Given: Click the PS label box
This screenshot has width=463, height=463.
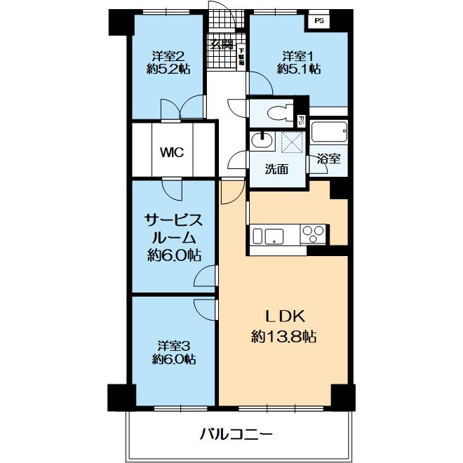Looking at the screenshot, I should [319, 21].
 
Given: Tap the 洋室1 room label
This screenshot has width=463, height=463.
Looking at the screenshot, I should [299, 55].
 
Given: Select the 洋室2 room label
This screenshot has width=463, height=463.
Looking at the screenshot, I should [168, 55].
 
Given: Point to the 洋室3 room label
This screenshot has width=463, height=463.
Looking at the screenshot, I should [174, 345].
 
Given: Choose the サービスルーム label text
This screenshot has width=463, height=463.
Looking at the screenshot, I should [174, 229].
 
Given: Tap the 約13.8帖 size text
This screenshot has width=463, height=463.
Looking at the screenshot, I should [283, 337].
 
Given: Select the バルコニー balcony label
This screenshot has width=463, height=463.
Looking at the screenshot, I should [236, 434].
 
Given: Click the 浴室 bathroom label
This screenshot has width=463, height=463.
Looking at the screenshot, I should [328, 159].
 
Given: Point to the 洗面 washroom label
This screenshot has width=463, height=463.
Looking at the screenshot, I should [276, 169].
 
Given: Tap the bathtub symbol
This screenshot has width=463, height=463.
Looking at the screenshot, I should [329, 132].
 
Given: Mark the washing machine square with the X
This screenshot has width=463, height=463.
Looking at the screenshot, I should [290, 142].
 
